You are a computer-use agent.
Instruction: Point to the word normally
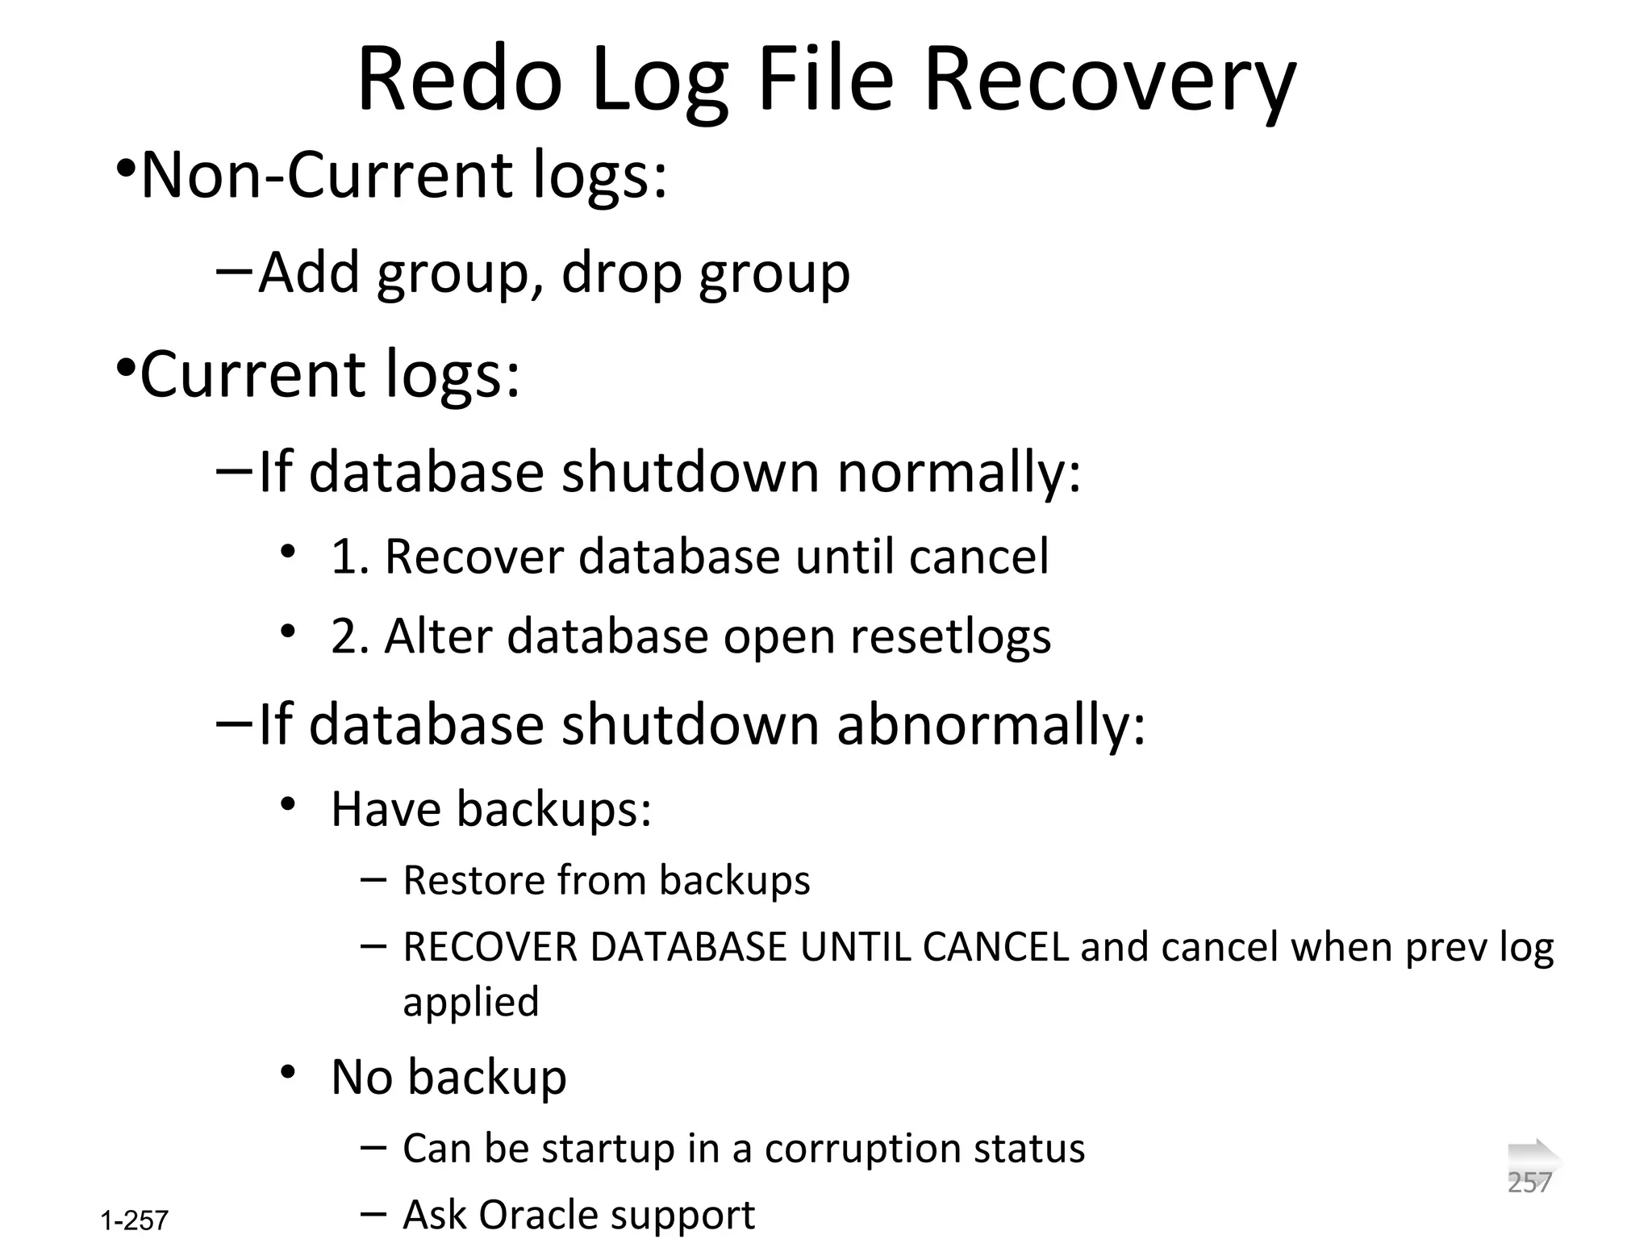pos(958,472)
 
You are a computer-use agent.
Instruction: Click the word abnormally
pos(991,724)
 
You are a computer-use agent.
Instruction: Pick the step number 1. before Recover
pos(349,557)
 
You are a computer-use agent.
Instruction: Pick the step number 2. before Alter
pos(349,636)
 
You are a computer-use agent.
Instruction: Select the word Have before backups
pos(385,808)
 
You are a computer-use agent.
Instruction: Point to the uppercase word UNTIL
pos(854,947)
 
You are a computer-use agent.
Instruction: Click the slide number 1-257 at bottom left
pos(135,1220)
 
